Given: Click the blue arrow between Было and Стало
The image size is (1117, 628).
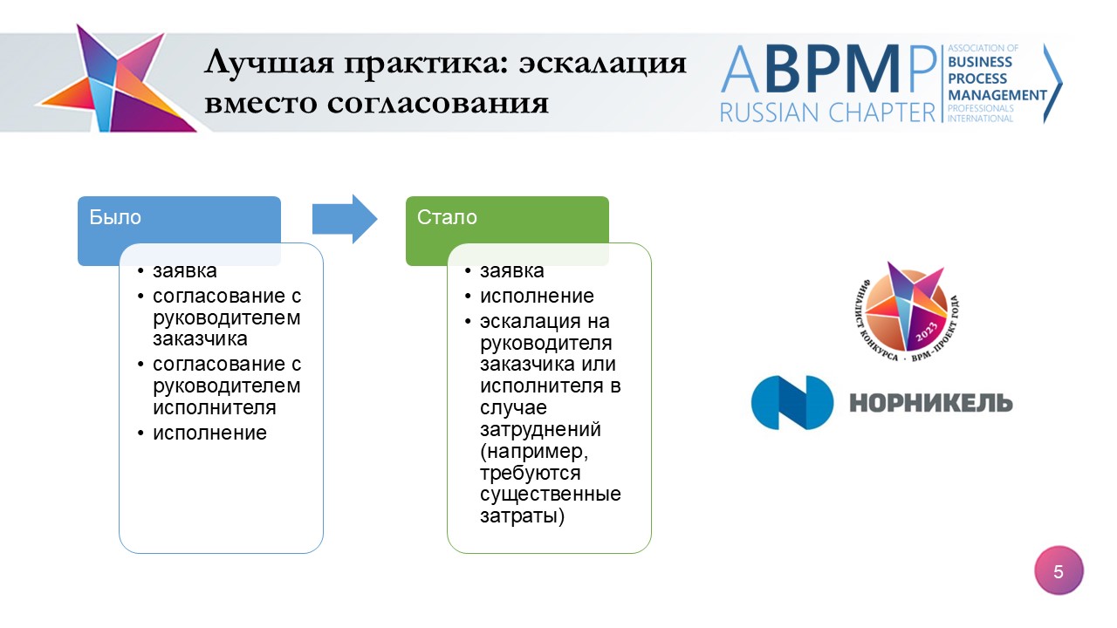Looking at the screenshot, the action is (345, 219).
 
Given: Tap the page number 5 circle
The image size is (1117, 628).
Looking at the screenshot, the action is (1059, 571).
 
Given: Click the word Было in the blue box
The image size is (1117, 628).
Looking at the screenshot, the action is (115, 217).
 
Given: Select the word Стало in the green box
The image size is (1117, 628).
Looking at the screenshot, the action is (447, 217).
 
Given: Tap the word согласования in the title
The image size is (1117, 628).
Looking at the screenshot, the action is (438, 104).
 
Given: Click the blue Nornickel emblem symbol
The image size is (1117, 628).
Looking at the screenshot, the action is (791, 403).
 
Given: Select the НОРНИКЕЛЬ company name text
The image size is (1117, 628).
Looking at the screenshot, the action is (931, 403).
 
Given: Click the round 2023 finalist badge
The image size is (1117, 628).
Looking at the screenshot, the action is (907, 311).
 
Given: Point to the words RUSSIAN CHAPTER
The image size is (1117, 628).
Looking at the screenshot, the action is (828, 113).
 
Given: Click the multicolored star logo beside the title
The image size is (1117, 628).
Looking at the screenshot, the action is (116, 79).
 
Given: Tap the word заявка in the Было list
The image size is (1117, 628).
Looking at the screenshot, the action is (184, 271).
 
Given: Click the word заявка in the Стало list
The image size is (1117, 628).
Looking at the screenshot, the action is (511, 271).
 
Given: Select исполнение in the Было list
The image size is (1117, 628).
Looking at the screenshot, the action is (209, 433).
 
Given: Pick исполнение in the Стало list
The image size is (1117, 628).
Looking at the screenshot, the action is (537, 296).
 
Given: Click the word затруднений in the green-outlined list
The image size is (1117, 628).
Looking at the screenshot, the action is (540, 430).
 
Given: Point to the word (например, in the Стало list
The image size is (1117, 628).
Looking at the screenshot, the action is (534, 452).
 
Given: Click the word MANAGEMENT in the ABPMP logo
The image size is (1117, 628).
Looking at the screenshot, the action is (997, 95).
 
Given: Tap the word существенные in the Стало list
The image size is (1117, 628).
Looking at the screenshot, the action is (551, 495).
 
